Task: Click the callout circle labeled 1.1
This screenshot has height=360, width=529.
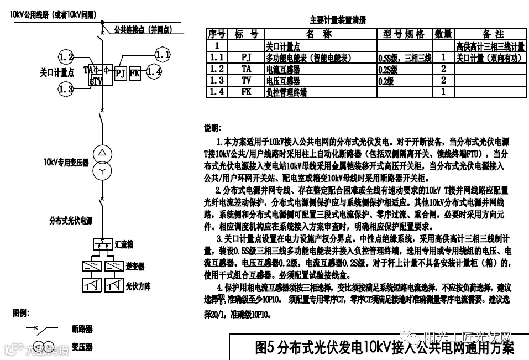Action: click(x=163, y=55)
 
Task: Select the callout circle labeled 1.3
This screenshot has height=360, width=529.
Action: click(x=66, y=88)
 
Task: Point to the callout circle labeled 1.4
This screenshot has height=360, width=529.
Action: click(x=154, y=71)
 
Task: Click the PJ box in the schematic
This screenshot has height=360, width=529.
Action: click(x=121, y=72)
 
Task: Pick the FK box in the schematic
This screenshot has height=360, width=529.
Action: click(x=135, y=72)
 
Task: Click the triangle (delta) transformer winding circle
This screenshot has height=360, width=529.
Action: click(x=102, y=153)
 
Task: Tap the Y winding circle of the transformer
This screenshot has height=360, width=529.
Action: click(x=102, y=172)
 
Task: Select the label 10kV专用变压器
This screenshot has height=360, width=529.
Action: click(x=66, y=163)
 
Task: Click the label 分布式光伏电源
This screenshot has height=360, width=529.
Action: click(x=71, y=221)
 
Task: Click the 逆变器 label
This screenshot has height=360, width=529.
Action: click(x=135, y=267)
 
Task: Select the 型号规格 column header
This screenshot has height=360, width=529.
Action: click(x=404, y=34)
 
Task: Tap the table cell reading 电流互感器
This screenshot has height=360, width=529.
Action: click(x=284, y=69)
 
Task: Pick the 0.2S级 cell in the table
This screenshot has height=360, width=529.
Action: click(x=389, y=69)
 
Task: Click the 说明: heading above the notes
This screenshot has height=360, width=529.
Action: click(x=212, y=128)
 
